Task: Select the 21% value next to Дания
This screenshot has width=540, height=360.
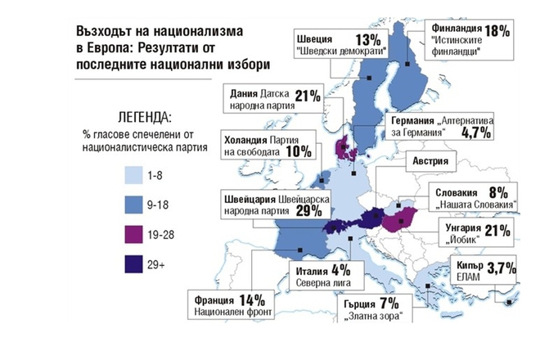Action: (x=307, y=97)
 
